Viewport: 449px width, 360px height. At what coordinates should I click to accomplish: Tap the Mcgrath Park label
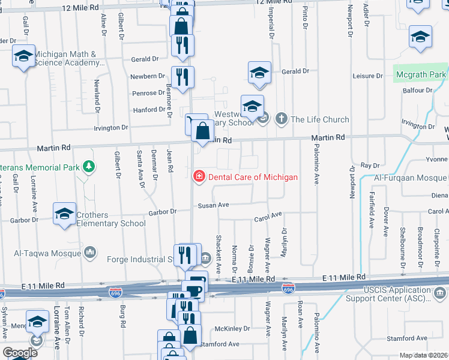click(421, 75)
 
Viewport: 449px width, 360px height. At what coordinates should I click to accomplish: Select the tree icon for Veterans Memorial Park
click(89, 166)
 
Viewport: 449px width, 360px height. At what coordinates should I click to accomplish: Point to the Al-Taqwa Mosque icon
click(91, 252)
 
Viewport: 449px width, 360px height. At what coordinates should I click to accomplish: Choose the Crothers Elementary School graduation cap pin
click(65, 214)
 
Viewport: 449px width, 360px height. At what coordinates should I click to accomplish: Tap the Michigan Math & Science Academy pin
click(23, 57)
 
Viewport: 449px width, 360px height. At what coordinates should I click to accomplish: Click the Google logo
click(20, 352)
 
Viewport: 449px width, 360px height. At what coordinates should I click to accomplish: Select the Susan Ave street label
click(214, 205)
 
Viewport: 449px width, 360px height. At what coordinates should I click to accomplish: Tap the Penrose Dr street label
click(149, 93)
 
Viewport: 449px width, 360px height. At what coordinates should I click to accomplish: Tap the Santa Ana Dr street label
click(142, 170)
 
